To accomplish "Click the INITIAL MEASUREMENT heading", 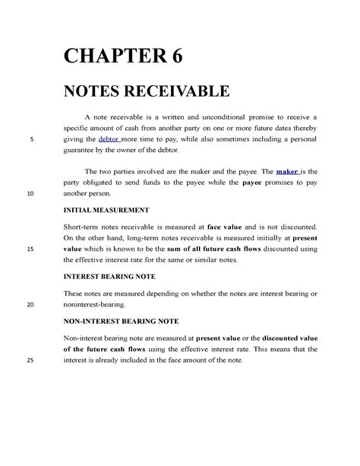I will [x=106, y=208].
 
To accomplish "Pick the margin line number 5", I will [x=30, y=140].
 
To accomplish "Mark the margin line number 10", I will [x=30, y=194].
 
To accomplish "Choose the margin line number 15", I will [x=30, y=249].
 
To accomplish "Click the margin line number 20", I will [x=30, y=304].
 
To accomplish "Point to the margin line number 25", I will [x=30, y=360].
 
